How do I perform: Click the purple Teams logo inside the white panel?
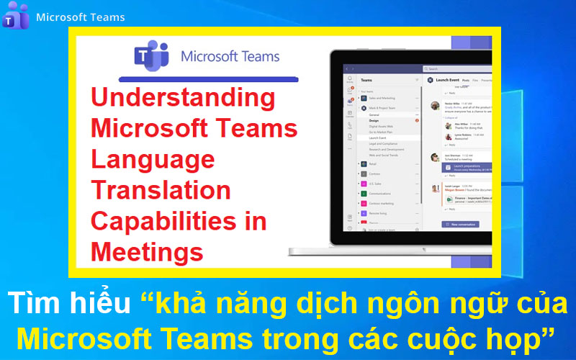point(151,56)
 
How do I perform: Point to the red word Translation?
point(161,190)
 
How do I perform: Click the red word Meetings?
point(147,252)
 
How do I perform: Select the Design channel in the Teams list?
point(375,120)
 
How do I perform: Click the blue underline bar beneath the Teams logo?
point(210,78)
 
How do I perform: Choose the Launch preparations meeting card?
point(468,167)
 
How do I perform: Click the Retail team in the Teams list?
point(371,163)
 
